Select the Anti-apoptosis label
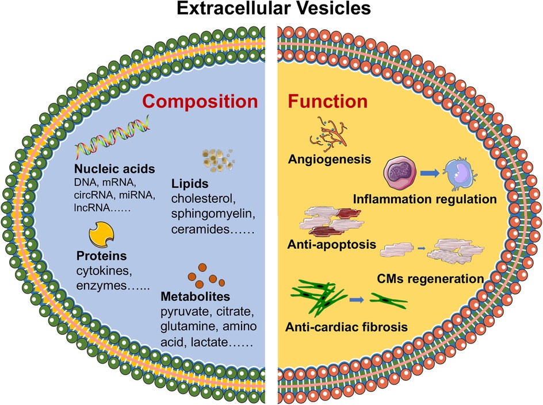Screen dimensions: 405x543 [x=330, y=245]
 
